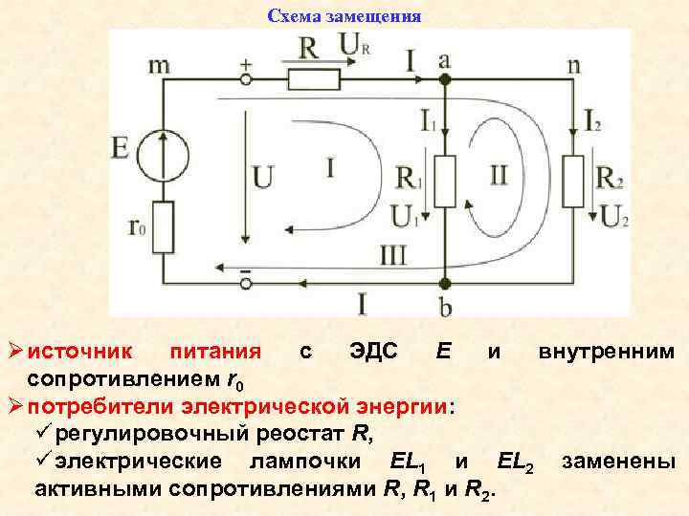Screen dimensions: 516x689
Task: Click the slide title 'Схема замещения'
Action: coord(344,16)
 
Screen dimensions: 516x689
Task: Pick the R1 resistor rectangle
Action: coord(442,182)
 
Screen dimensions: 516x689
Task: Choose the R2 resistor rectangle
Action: coord(572,182)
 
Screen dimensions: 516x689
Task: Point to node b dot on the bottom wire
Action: coord(443,284)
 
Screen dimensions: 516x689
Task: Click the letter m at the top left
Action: coord(161,65)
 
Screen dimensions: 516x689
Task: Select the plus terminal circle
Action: coord(246,77)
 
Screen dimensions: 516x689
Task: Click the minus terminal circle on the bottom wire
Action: coord(246,284)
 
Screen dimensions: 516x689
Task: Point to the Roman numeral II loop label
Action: coord(499,174)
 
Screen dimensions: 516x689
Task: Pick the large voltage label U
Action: coord(263,178)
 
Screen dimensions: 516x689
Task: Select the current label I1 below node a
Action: coord(427,119)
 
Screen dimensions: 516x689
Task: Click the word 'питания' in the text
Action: coord(208,352)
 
